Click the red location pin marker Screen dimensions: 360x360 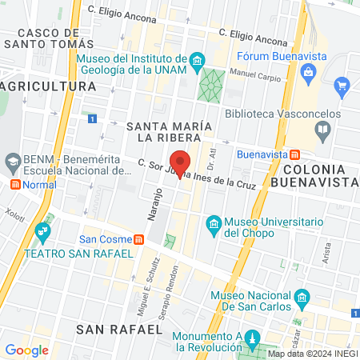click(180, 160)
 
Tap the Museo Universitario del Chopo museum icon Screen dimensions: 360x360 click(214, 222)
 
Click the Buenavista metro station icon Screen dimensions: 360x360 click(295, 154)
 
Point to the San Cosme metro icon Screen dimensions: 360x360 click(139, 238)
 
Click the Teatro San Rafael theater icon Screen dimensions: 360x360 click(43, 236)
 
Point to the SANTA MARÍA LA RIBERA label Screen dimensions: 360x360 click(170, 134)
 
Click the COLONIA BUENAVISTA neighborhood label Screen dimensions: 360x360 click(317, 175)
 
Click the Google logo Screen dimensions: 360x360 click(26, 350)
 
